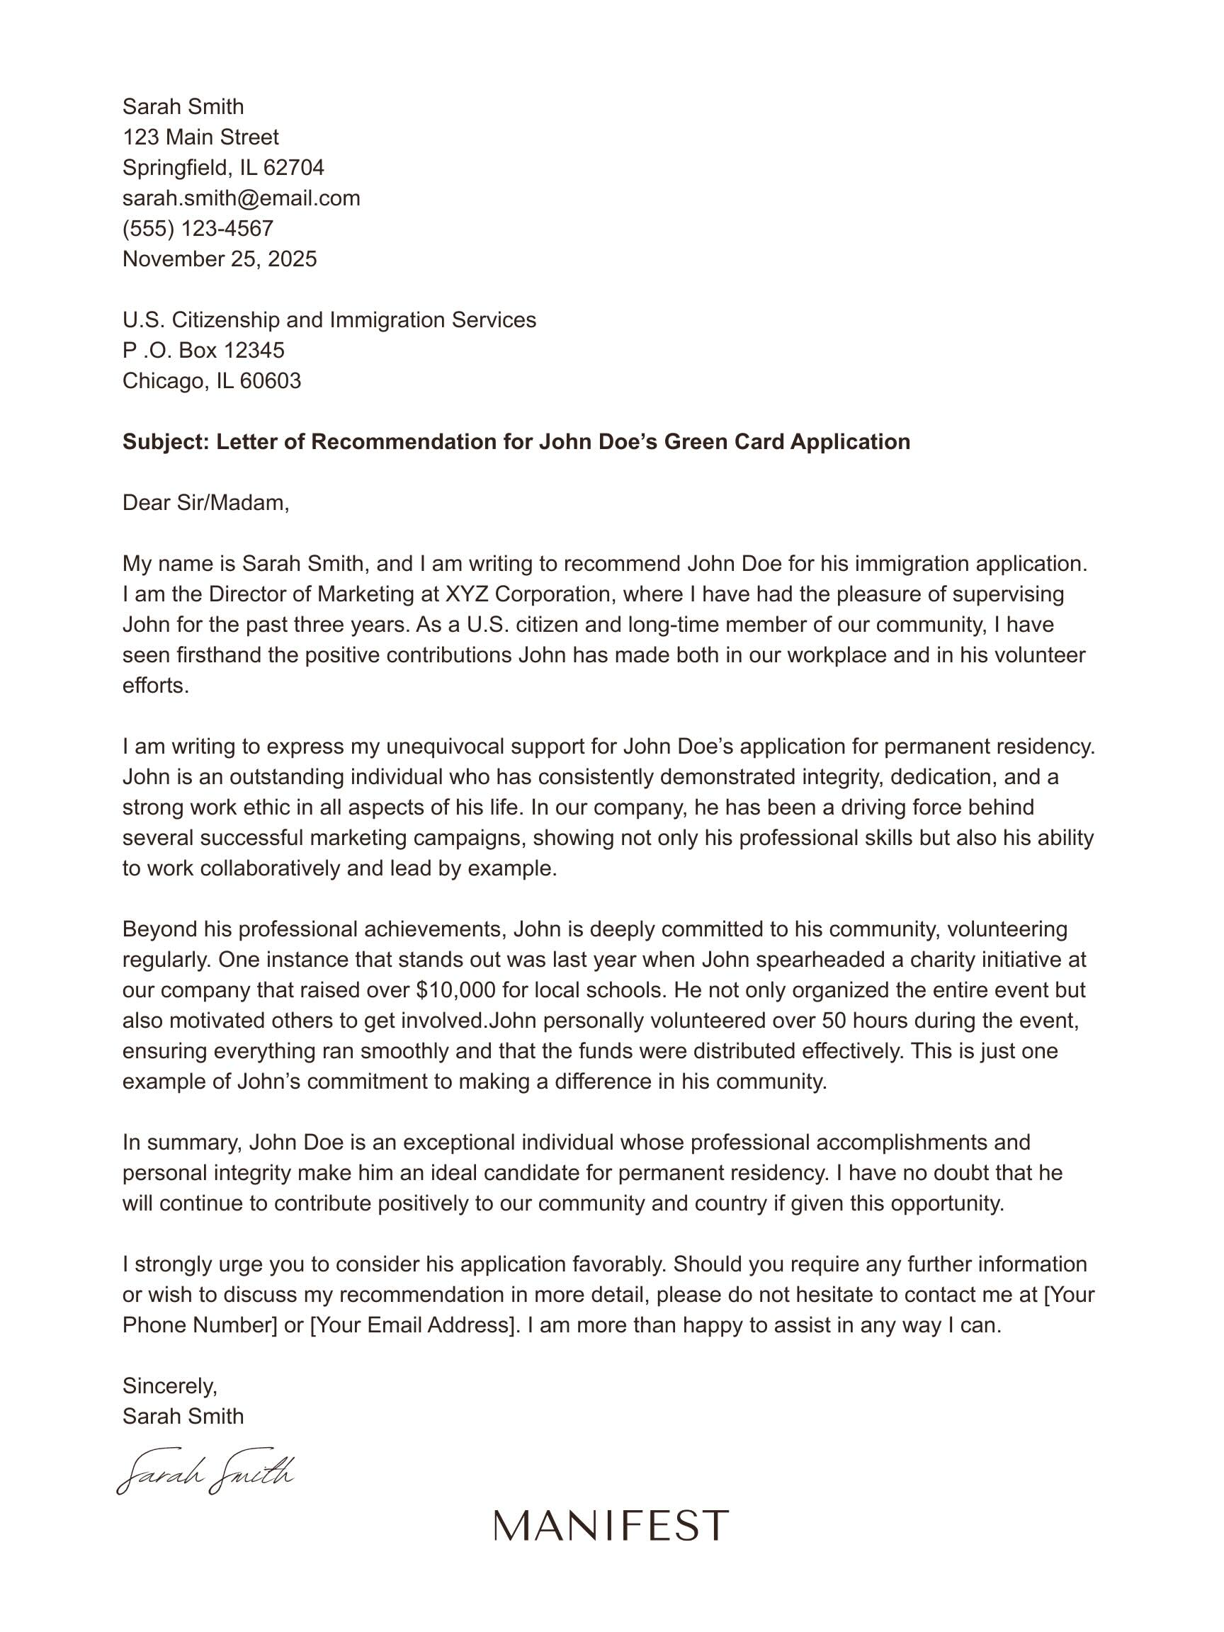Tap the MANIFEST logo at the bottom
611,1526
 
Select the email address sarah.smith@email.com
242,198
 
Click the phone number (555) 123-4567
198,229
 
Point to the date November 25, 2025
219,259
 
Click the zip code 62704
294,168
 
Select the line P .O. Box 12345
203,351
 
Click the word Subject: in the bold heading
166,442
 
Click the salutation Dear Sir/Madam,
206,503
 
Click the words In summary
182,1143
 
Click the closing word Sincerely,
170,1386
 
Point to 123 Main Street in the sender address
200,137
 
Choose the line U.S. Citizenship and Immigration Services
329,320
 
